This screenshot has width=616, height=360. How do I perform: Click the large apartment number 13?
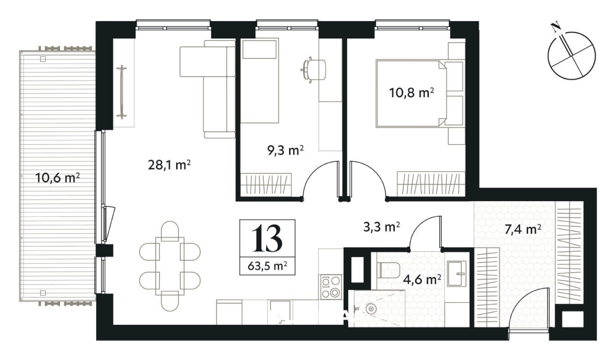pyautogui.click(x=267, y=238)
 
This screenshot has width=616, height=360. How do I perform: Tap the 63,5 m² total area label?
pyautogui.click(x=267, y=266)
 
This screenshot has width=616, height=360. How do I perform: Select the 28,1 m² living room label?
pyautogui.click(x=169, y=165)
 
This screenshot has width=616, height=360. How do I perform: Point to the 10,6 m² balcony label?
pyautogui.click(x=58, y=178)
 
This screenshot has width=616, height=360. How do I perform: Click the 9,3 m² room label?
pyautogui.click(x=285, y=150)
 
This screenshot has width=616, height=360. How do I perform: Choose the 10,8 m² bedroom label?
pyautogui.click(x=412, y=93)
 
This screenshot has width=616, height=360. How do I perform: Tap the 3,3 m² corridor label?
pyautogui.click(x=381, y=227)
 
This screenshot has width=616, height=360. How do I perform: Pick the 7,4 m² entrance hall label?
pyautogui.click(x=523, y=229)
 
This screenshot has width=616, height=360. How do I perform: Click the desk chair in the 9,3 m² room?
pyautogui.click(x=313, y=70)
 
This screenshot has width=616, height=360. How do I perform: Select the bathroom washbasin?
pyautogui.click(x=457, y=274)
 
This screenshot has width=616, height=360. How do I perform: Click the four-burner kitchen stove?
pyautogui.click(x=331, y=287)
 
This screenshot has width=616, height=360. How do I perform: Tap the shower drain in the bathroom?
pyautogui.click(x=371, y=310)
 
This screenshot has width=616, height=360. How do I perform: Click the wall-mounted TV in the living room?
pyautogui.click(x=122, y=92)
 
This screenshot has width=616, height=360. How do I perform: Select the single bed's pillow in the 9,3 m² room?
pyautogui.click(x=260, y=49)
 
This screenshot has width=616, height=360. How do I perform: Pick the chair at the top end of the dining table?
pyautogui.click(x=170, y=231)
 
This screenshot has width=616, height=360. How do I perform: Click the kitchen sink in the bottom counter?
pyautogui.click(x=280, y=312)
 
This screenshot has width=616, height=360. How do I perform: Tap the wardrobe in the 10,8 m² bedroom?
pyautogui.click(x=431, y=184)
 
